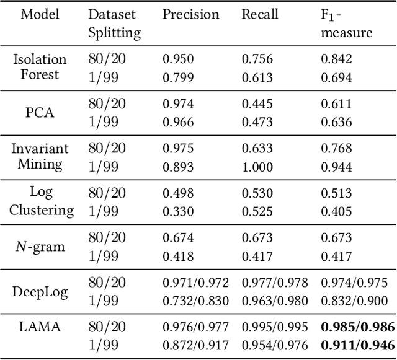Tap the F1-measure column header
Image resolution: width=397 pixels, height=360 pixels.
346,23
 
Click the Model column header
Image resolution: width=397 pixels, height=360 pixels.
40,14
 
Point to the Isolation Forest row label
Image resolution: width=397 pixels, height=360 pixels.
40,67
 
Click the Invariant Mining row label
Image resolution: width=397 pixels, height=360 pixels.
40,156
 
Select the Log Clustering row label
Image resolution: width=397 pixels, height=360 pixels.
40,201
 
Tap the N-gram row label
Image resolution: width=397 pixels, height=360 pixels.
40,247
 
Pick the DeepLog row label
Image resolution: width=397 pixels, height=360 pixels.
40,291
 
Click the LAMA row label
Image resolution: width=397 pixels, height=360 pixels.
40,327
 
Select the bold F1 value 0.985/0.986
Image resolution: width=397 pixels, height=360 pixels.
357,327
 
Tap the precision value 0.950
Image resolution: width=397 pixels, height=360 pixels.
178,59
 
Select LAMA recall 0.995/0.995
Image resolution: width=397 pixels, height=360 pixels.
274,327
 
